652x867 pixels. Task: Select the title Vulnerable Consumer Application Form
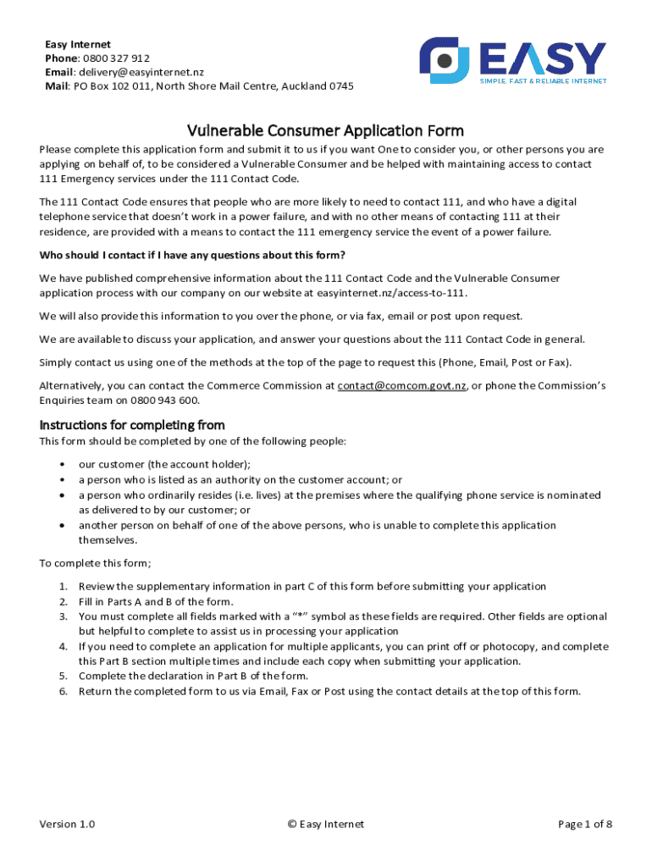[325, 130]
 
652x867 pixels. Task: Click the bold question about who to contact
[192, 256]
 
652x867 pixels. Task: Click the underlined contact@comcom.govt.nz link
[401, 386]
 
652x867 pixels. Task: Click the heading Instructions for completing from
[132, 425]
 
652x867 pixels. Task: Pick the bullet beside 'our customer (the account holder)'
[63, 465]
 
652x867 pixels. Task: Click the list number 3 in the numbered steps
[63, 616]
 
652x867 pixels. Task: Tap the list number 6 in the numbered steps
[63, 691]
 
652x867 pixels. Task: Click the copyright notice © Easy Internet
[325, 825]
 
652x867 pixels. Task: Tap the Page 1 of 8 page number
[584, 825]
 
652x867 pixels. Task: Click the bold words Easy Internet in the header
[78, 44]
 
